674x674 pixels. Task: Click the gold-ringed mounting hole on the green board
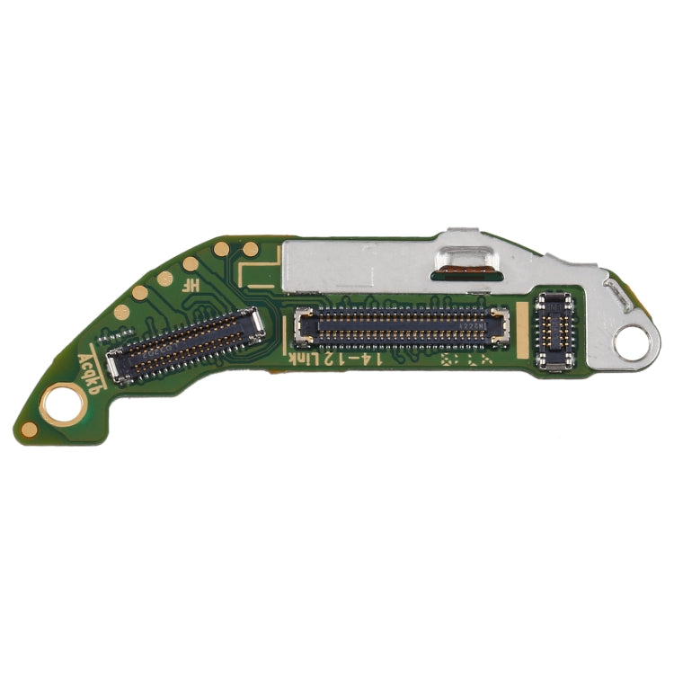click(64, 402)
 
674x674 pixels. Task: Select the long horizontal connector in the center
click(402, 326)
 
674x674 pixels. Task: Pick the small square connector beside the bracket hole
click(554, 331)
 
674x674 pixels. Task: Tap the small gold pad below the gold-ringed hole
click(30, 429)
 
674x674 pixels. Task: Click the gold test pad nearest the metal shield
click(252, 249)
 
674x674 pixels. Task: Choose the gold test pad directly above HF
click(191, 263)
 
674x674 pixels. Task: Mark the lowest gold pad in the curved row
click(121, 313)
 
